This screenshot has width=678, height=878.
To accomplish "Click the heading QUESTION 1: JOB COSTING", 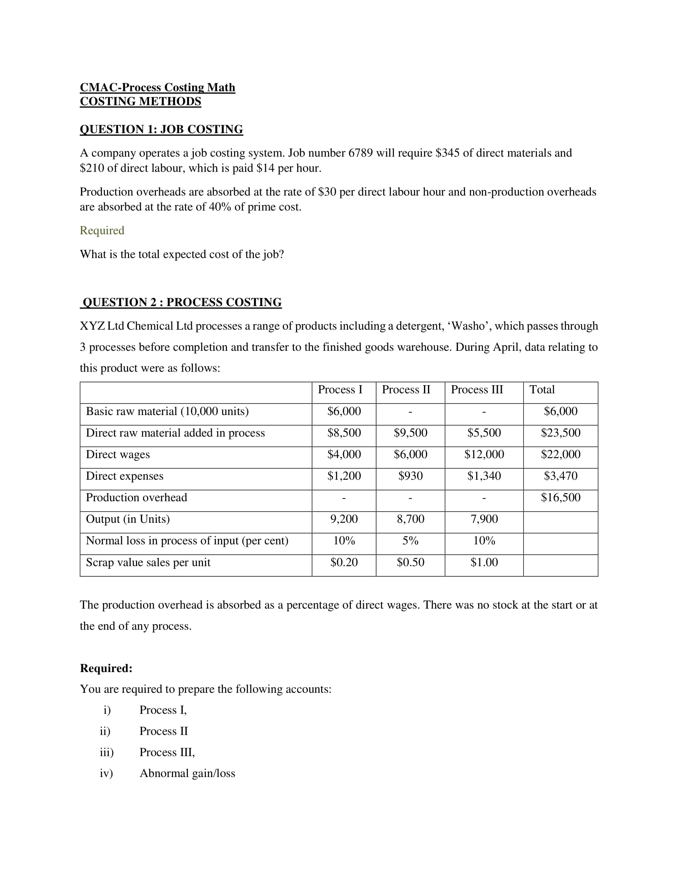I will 161,129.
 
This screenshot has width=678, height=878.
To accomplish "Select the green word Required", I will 102,230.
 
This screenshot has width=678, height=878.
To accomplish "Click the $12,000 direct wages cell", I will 484,454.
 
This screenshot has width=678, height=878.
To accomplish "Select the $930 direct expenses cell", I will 410,476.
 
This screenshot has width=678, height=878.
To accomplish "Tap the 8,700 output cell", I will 410,519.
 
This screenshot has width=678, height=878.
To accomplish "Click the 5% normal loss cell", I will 410,541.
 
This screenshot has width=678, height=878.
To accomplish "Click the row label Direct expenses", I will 124,476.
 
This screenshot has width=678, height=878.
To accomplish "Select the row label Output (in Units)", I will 128,519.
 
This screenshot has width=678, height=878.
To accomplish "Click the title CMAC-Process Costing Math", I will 158,87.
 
